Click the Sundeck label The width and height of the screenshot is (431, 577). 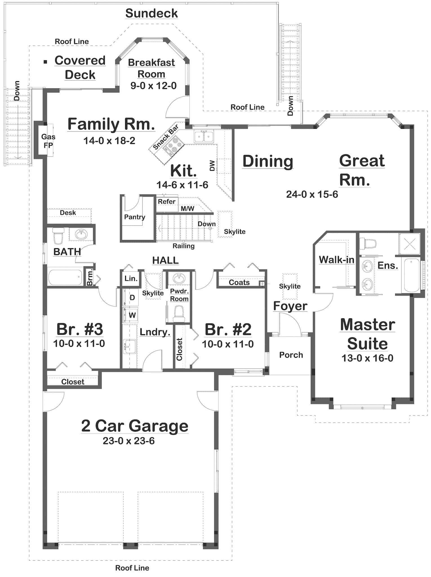click(x=152, y=13)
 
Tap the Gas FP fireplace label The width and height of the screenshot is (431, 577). click(x=48, y=141)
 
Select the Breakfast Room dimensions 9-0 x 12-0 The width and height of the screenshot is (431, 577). click(x=153, y=86)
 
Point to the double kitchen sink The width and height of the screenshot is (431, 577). click(x=204, y=137)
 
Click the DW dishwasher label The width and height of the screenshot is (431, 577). click(x=212, y=166)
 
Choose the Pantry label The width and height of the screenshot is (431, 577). click(x=134, y=217)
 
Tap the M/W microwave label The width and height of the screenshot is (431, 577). click(x=187, y=208)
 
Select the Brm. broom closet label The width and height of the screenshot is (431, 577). click(x=90, y=277)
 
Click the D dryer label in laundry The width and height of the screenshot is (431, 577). click(x=132, y=298)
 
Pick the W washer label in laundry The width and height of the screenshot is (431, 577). click(x=132, y=315)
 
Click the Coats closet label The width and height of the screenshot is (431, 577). click(x=239, y=282)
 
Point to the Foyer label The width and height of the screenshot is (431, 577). click(x=290, y=306)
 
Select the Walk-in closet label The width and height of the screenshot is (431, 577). click(x=336, y=260)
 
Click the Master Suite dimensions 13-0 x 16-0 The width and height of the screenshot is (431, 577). click(x=367, y=358)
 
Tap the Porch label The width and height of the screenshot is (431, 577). click(x=291, y=355)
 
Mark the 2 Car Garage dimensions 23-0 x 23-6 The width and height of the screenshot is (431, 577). click(x=128, y=441)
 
